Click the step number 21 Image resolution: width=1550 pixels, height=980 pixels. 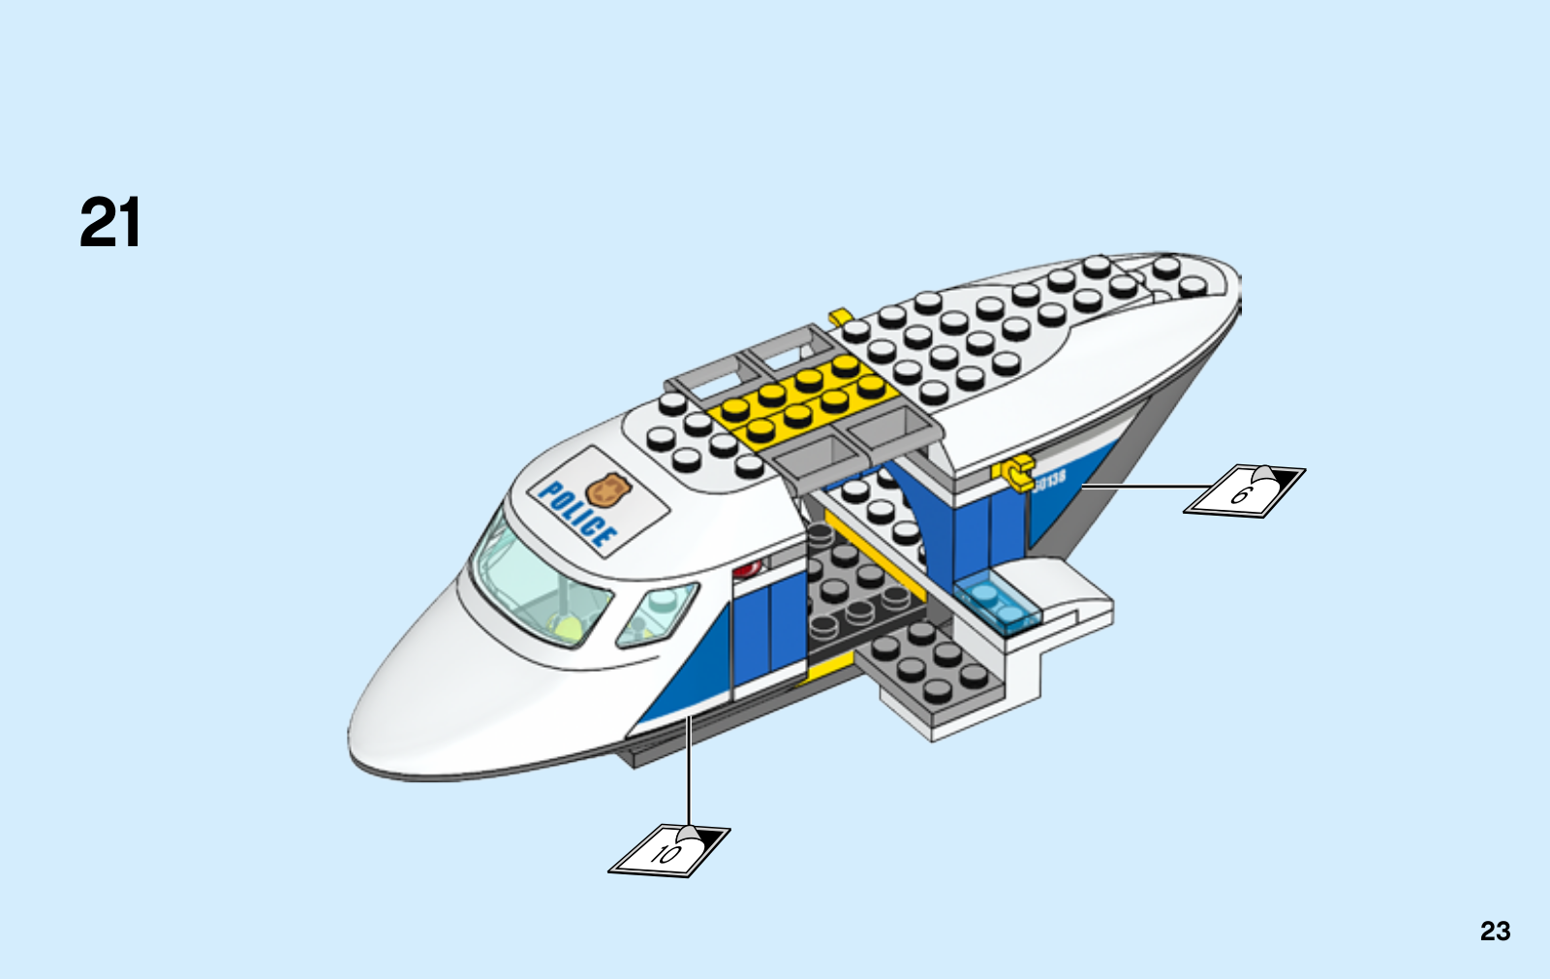(110, 223)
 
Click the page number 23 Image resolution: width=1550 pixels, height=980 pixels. (1495, 931)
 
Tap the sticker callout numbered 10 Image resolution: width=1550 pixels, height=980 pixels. (668, 851)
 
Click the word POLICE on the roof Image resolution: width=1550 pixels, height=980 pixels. (577, 514)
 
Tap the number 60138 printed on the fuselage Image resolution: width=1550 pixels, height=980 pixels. (1049, 479)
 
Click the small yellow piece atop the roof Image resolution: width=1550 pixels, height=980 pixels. (839, 317)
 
